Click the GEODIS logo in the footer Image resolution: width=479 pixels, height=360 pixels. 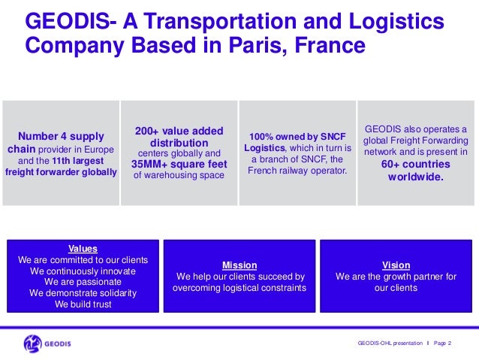[x=47, y=343]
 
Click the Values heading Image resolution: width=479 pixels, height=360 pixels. [x=83, y=248]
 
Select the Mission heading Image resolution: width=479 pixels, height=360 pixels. [x=239, y=265]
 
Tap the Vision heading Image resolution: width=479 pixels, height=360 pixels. [x=396, y=265]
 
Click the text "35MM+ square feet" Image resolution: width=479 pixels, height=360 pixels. [x=179, y=164]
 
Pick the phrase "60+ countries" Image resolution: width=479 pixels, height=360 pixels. [x=415, y=164]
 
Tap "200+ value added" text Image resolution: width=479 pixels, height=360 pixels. [x=179, y=131]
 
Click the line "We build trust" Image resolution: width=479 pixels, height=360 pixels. [x=83, y=304]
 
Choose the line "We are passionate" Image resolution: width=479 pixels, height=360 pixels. [x=83, y=282]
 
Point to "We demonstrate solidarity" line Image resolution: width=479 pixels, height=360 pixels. [x=83, y=293]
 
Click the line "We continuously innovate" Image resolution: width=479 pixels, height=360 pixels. [x=83, y=271]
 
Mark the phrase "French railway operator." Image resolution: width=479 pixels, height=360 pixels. [x=297, y=171]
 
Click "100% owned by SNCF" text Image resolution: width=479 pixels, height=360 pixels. [x=297, y=136]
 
